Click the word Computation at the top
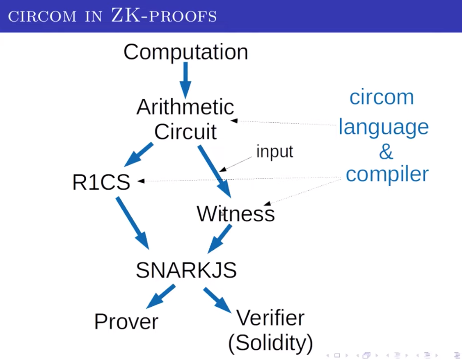point(185,52)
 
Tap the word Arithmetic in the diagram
point(185,107)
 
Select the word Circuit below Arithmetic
point(185,132)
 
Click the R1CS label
point(101,182)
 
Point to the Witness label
point(236,214)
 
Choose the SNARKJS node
point(186,270)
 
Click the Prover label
point(126,322)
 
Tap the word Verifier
point(270,318)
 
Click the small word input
point(274,151)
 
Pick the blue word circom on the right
point(381,97)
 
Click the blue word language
point(383,127)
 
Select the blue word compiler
point(387,174)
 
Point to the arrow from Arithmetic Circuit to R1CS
point(138,155)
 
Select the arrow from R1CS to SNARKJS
point(132,223)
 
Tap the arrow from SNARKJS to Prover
point(160,296)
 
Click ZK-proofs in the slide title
point(164,16)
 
